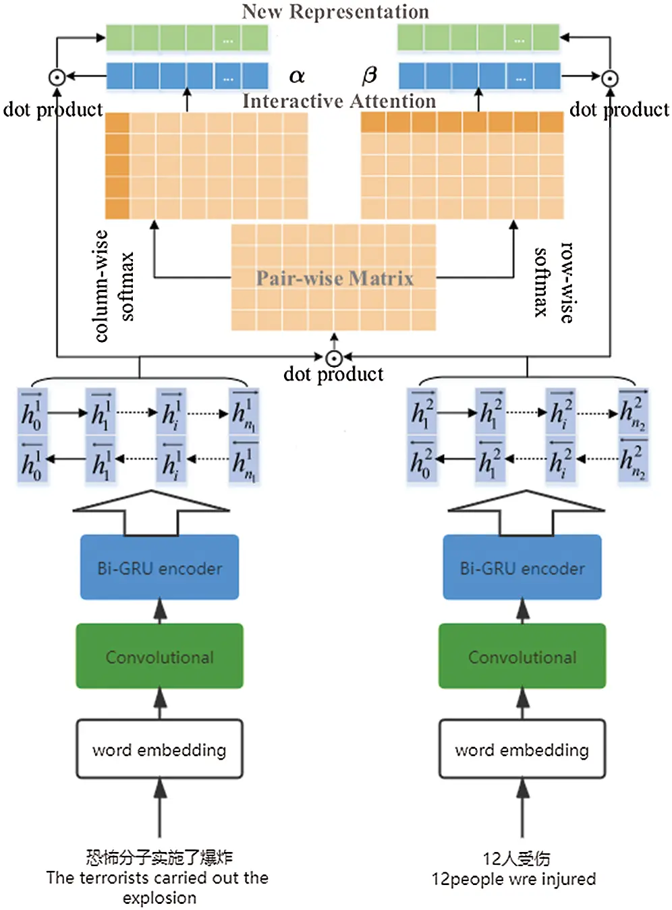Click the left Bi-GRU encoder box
coord(159,567)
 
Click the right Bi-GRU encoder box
coord(522,567)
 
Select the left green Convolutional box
coord(159,656)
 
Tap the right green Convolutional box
coord(522,656)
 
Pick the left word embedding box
coord(159,749)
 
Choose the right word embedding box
coord(522,749)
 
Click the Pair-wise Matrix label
coord(334,278)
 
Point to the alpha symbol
coord(297,76)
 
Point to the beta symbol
coord(369,75)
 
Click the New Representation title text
coord(335,11)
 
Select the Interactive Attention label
coord(339,101)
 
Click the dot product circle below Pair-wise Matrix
coord(334,358)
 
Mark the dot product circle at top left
coord(57,78)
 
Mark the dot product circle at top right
coord(610,78)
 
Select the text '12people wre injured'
coord(513,879)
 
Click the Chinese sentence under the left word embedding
coord(159,857)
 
